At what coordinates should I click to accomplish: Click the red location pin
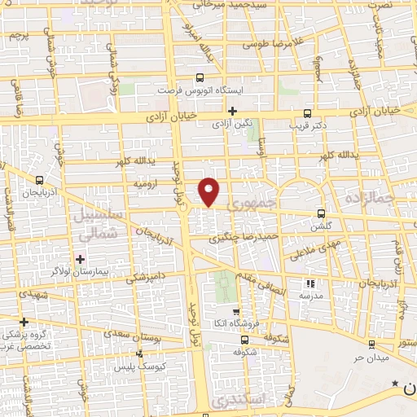click(x=210, y=191)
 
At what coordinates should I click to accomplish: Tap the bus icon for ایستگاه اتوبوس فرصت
click(x=200, y=78)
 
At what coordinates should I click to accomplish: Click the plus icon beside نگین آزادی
click(x=233, y=111)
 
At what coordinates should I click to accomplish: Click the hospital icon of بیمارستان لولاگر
click(x=79, y=259)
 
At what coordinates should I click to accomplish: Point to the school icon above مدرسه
click(x=309, y=284)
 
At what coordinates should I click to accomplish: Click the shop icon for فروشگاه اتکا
click(x=235, y=311)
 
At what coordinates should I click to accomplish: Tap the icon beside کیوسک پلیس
click(x=139, y=354)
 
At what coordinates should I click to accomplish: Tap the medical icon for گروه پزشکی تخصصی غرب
click(x=24, y=321)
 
